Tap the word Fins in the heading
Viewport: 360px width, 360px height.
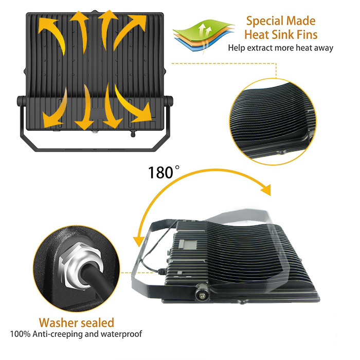307,34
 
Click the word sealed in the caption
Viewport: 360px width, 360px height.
97,322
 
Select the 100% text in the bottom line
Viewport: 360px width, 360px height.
20,334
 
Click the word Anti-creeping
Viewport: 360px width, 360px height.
58,334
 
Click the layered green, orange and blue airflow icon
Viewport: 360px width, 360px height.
204,35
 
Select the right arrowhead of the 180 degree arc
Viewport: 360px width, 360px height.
266,190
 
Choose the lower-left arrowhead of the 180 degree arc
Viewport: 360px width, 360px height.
139,242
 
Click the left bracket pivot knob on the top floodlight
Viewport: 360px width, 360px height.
22,101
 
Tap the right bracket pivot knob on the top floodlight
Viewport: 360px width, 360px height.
169,101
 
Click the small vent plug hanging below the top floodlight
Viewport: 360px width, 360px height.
133,134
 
